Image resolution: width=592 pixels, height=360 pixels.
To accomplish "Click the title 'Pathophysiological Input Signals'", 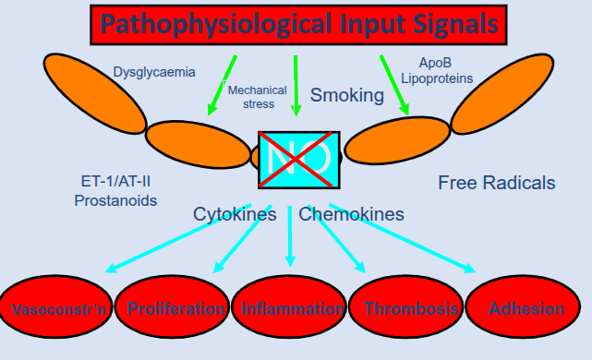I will (299, 24).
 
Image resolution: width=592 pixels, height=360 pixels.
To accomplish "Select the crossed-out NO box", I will (298, 160).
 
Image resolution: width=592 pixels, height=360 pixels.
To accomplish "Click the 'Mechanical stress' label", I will (251, 97).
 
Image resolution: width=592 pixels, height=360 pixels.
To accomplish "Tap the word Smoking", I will (346, 95).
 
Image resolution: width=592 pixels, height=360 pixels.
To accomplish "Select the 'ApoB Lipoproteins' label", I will (437, 71).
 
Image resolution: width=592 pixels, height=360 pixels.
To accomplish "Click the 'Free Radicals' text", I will (496, 183).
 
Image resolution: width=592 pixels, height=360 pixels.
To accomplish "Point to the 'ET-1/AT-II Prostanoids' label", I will (115, 191).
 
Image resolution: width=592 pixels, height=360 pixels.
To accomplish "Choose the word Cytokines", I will (235, 214).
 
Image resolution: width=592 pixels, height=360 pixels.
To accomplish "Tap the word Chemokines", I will (351, 214).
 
